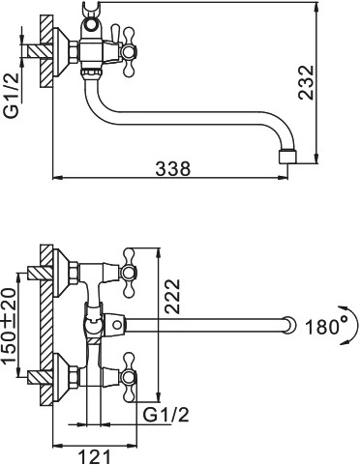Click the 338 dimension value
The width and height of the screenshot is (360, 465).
click(x=173, y=168)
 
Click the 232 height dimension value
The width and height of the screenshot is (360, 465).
click(x=306, y=82)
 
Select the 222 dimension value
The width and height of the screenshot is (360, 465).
click(x=172, y=296)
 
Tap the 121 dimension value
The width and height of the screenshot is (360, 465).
click(x=95, y=456)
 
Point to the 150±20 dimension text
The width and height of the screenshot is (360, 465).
click(x=10, y=325)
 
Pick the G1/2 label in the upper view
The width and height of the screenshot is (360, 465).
click(x=12, y=96)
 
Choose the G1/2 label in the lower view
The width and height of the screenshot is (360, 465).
click(x=165, y=415)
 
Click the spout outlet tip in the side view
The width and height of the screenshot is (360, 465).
click(x=287, y=157)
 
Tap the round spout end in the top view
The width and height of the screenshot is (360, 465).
click(x=289, y=326)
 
